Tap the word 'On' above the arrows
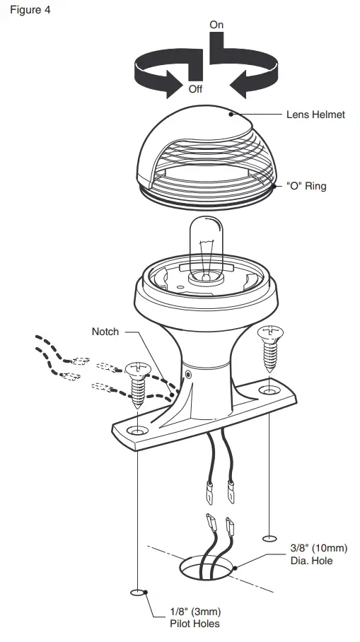click(x=216, y=25)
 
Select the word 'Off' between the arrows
click(x=195, y=90)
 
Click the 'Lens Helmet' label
click(x=315, y=114)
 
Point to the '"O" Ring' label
click(x=306, y=187)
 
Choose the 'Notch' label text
click(x=105, y=331)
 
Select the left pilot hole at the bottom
click(x=137, y=592)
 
